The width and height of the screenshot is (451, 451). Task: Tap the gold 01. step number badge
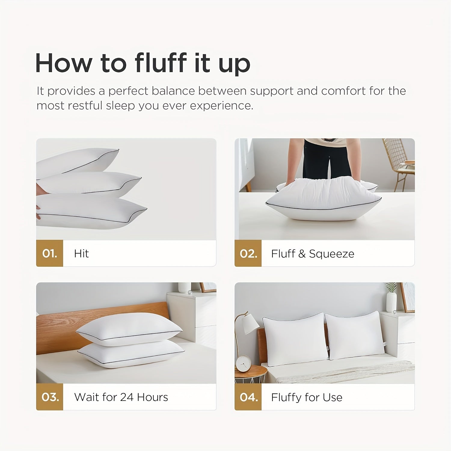click(x=50, y=253)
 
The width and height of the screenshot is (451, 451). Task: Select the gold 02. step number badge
click(x=248, y=253)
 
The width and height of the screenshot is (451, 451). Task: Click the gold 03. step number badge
click(x=50, y=397)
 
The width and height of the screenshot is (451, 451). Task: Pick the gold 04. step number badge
click(x=248, y=397)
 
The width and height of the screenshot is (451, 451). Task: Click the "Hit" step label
click(x=81, y=253)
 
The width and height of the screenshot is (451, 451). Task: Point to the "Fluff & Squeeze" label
click(x=312, y=254)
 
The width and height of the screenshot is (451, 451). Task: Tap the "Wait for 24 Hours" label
click(x=121, y=397)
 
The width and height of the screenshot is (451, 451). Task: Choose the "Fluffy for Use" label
click(x=306, y=397)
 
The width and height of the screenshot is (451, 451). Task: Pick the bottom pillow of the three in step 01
click(x=90, y=212)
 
